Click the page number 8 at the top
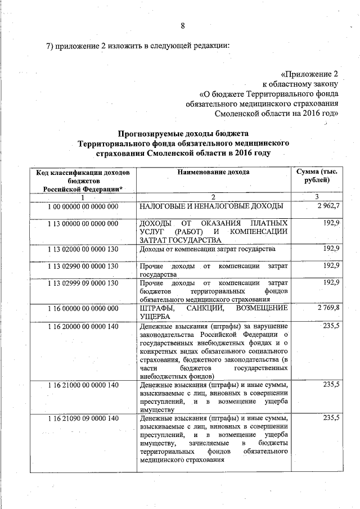point(183,25)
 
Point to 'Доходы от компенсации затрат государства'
point(208,249)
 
